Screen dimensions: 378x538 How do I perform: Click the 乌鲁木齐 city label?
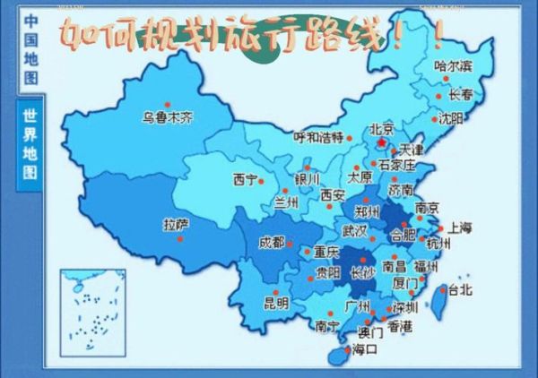coord(169,116)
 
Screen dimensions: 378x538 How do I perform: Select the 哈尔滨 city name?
coord(452,65)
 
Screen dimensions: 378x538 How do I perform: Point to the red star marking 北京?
coord(381,142)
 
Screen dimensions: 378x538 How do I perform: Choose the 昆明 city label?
coord(276,303)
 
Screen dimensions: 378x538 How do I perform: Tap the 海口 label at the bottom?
coord(366,348)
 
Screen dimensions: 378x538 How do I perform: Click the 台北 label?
coord(459,289)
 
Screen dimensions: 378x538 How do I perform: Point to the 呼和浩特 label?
coord(318,137)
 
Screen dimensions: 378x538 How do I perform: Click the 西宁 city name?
coord(245,177)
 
